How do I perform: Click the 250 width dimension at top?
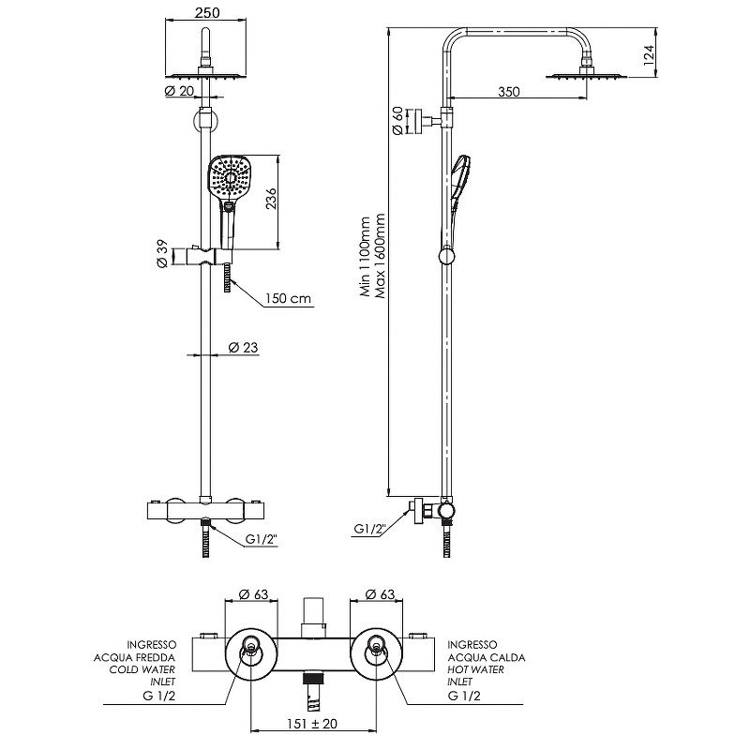click(x=207, y=12)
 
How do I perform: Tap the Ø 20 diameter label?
click(x=179, y=91)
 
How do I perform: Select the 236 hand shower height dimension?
click(x=271, y=199)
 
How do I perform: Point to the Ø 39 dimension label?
click(x=162, y=254)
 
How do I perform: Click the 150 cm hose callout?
click(x=289, y=299)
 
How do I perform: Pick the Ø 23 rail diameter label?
click(x=244, y=347)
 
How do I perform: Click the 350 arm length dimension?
click(x=508, y=91)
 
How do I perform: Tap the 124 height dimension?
click(x=648, y=55)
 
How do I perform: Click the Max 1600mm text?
click(x=381, y=255)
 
